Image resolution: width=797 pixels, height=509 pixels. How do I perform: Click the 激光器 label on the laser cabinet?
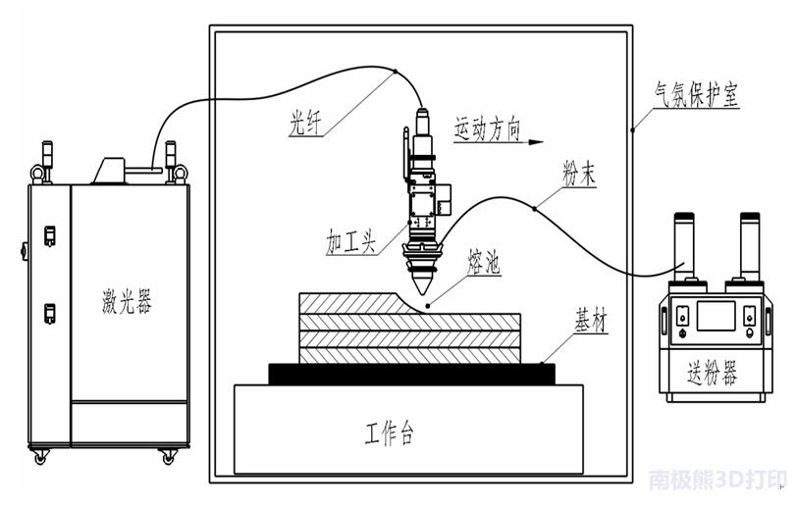128,300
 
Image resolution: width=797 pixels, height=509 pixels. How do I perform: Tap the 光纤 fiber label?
305,122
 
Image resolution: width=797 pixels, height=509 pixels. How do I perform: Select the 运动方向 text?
486,128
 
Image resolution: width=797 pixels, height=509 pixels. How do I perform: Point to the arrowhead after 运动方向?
535,142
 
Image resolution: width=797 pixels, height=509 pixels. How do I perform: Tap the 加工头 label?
350,242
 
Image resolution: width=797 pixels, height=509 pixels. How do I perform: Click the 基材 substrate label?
590,322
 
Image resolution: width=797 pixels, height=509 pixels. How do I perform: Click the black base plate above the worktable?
411,374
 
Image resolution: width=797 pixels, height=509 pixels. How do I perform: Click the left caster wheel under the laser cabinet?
40,456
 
